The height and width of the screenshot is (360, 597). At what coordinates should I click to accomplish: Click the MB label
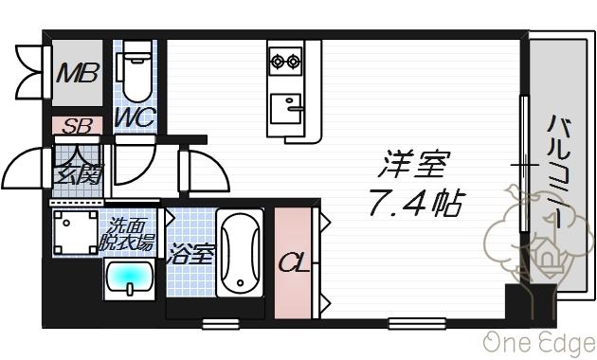pyautogui.click(x=77, y=73)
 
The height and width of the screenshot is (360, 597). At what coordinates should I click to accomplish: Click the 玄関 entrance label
pyautogui.click(x=77, y=173)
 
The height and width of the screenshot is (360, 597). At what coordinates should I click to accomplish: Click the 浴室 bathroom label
pyautogui.click(x=191, y=254)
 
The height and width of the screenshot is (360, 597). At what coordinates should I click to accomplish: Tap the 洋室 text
pyautogui.click(x=410, y=165)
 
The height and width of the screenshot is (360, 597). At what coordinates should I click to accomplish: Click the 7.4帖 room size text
pyautogui.click(x=416, y=200)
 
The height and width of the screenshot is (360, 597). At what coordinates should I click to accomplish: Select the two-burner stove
pyautogui.click(x=284, y=63)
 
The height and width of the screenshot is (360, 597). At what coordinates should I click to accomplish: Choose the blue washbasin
pyautogui.click(x=131, y=280)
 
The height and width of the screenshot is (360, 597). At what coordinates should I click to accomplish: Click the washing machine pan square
pyautogui.click(x=73, y=231)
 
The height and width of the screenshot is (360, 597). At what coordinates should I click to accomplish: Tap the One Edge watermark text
pyautogui.click(x=537, y=342)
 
